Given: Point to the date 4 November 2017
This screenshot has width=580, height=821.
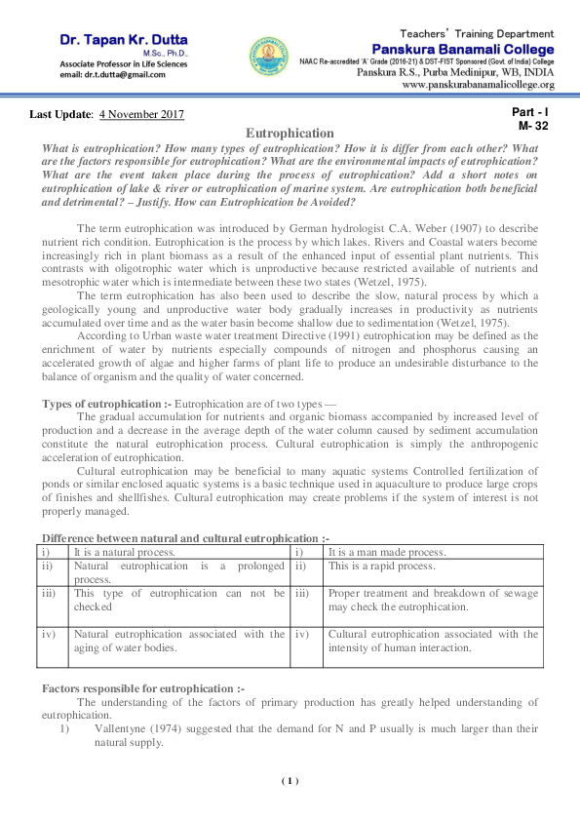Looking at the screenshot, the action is click(142, 116).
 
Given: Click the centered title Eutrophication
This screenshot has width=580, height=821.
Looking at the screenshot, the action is click(290, 133).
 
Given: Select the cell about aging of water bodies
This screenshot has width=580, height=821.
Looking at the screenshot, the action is click(178, 641).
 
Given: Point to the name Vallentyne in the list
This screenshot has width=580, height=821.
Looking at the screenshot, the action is click(121, 727).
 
